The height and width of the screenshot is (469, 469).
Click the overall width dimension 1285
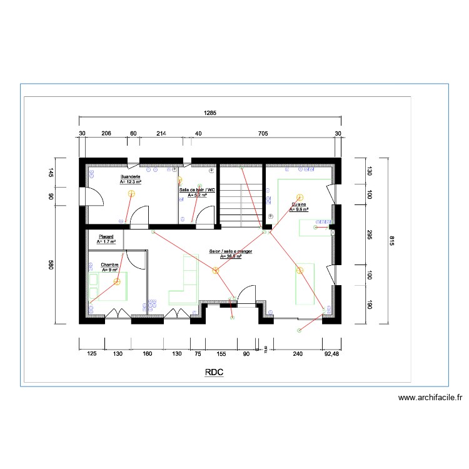pos(209,113)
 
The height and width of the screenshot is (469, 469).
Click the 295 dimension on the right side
pos(369,234)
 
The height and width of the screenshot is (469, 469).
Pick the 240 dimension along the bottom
pos(297,354)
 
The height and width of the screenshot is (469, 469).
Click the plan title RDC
pos(213,373)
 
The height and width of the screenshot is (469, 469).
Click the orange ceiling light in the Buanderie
pos(131,193)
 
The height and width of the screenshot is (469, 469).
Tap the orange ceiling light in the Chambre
pos(117,282)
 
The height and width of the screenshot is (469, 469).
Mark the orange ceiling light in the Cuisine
pos(300,197)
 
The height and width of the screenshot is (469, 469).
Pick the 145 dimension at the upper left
pos(52,173)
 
